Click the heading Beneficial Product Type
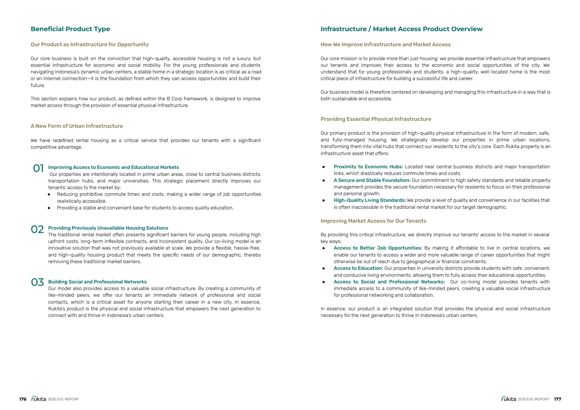pos(70,29)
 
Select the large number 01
pos(38,168)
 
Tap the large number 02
pos(37,229)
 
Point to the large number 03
pos(37,282)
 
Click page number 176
pos(23,399)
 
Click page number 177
pos(557,399)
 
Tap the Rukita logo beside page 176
pos(39,399)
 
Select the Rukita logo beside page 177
pos(509,399)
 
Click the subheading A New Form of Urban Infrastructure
pos(77,126)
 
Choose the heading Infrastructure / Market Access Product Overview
pos(401,29)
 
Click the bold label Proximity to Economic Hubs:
pos(368,167)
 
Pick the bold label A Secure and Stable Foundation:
pos(372,180)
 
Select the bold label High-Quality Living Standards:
pos(369,200)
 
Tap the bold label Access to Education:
pos(358,268)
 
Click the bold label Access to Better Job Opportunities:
pos(378,248)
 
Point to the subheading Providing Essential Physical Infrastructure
pos(376,119)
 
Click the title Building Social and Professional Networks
pos(97,282)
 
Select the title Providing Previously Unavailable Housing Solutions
pos(108,228)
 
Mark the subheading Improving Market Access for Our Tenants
pos(373,221)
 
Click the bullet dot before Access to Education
pos(324,268)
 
